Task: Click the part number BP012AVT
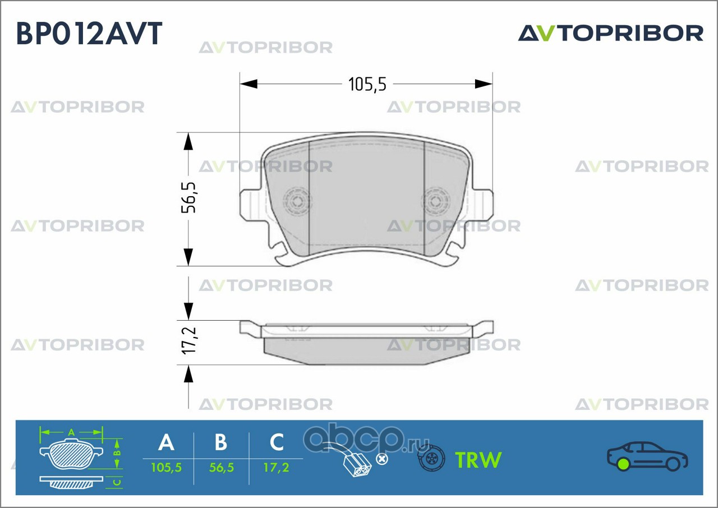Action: coord(89,34)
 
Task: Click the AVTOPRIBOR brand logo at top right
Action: coord(610,33)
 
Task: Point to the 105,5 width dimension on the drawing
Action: coord(367,84)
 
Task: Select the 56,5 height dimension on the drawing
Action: coord(190,197)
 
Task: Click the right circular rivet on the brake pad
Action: coord(436,200)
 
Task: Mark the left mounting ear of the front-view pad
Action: coord(250,204)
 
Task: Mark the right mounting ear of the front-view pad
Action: coord(482,204)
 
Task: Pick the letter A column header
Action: coord(166,442)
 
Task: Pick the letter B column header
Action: coord(221,442)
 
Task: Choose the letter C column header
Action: coord(277,442)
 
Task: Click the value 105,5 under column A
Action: coord(166,467)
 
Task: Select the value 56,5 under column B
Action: coord(221,467)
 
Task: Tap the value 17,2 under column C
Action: coord(277,467)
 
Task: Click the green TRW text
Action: coord(478,460)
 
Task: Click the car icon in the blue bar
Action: coord(647,456)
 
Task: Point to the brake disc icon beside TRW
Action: coord(431,460)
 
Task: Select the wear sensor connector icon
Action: coord(356,463)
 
